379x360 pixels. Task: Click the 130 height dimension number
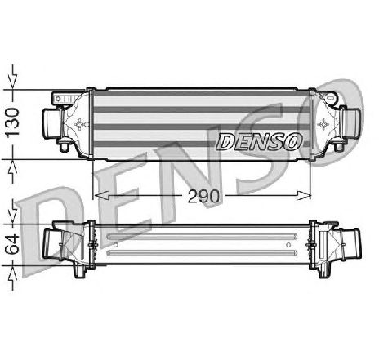click(x=13, y=122)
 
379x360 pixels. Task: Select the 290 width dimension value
click(x=203, y=196)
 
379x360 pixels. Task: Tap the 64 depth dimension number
click(x=12, y=244)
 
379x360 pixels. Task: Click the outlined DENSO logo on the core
click(x=259, y=141)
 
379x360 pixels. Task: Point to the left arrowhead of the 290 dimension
click(x=101, y=195)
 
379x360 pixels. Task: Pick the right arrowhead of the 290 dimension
click(x=303, y=195)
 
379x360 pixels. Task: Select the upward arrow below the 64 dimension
click(x=13, y=278)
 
